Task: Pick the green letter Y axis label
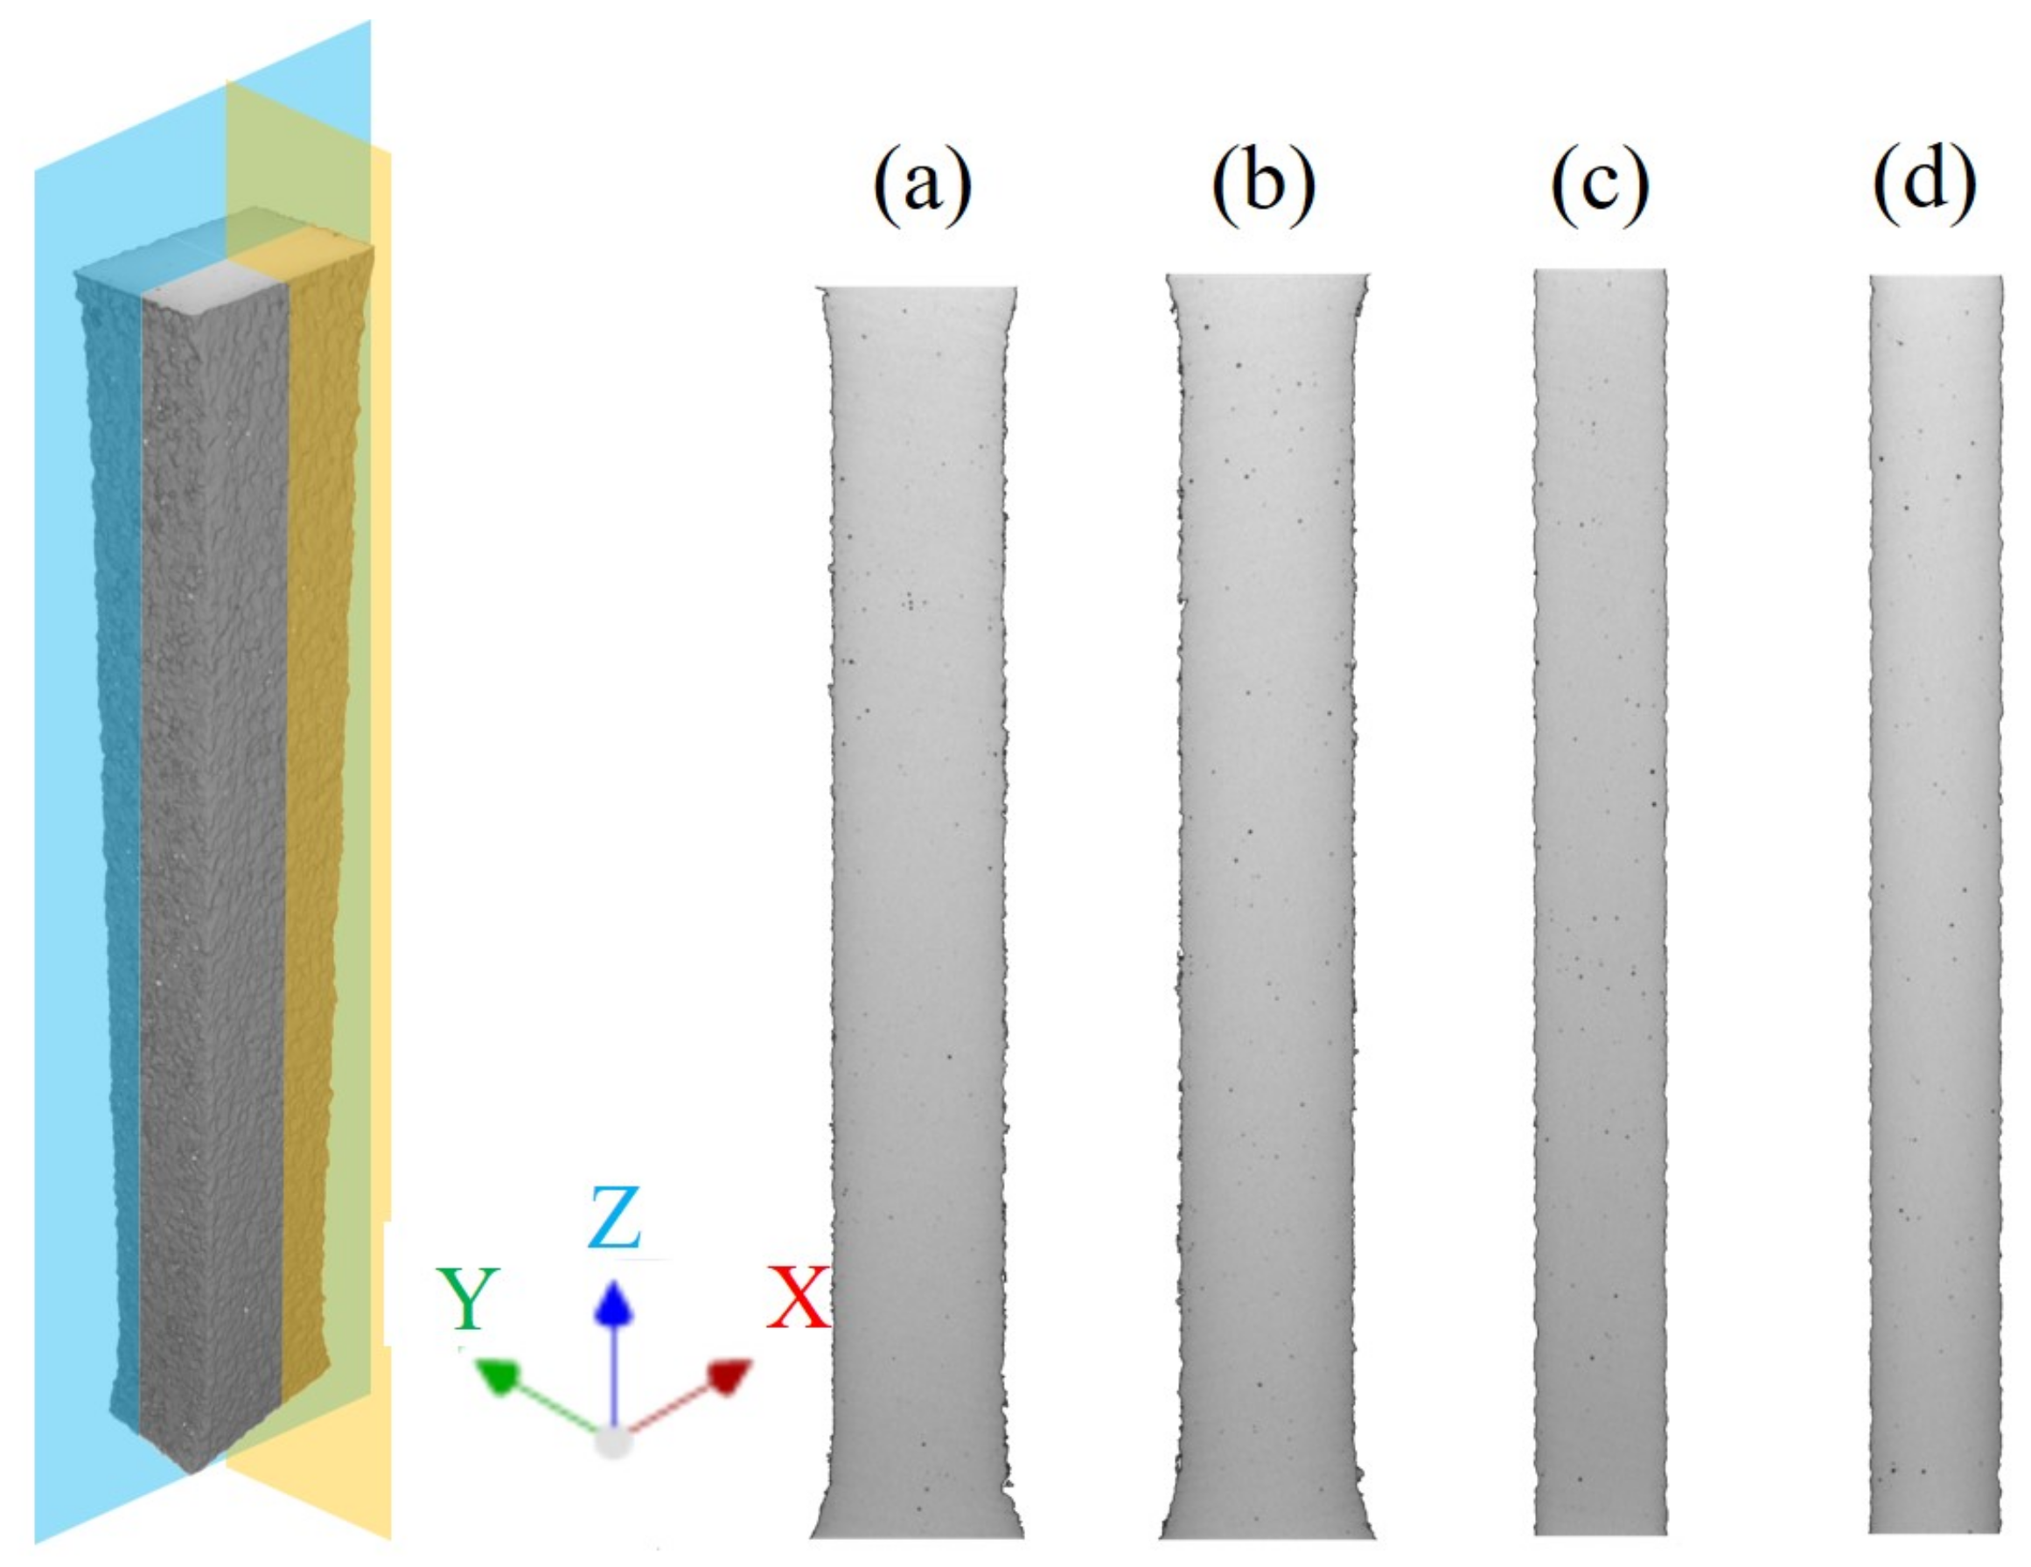(x=469, y=1299)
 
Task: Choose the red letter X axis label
(x=797, y=1299)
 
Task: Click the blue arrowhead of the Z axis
(x=613, y=1302)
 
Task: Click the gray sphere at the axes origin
(x=613, y=1443)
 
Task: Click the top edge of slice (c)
(x=1600, y=270)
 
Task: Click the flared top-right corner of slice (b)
(x=1367, y=276)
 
